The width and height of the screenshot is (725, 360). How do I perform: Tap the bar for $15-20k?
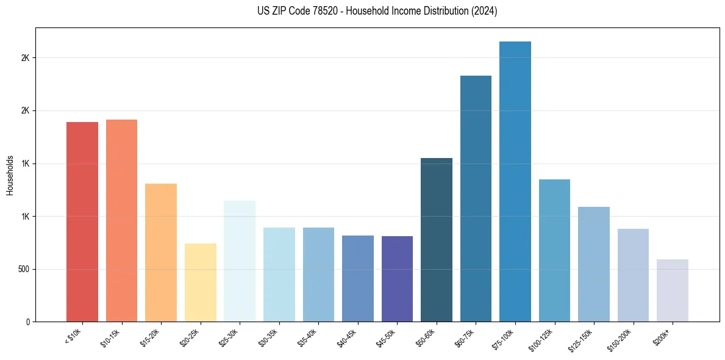click(161, 253)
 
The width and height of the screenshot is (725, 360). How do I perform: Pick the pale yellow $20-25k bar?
click(200, 283)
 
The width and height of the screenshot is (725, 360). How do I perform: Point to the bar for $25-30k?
click(240, 261)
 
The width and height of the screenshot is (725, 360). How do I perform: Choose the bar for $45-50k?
click(397, 279)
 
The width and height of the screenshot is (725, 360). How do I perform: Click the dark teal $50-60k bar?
click(437, 240)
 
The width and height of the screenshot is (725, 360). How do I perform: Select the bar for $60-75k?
click(476, 198)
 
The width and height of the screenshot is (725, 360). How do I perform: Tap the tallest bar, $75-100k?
click(515, 181)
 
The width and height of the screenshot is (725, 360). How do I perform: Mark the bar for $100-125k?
click(554, 250)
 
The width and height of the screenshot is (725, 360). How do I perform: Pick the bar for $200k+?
click(673, 290)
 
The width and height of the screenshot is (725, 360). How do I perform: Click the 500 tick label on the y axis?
click(24, 269)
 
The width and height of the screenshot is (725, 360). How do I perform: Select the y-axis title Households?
click(10, 175)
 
